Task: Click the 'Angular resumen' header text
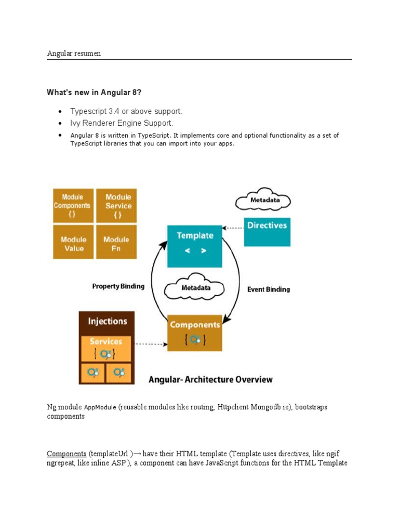[x=74, y=54]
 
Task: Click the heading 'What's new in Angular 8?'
[x=94, y=92]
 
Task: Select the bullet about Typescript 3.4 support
[x=126, y=111]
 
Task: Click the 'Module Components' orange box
[x=72, y=205]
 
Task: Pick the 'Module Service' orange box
[x=117, y=205]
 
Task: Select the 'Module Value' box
[x=73, y=242]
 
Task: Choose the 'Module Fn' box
[x=116, y=242]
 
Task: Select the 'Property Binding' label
[x=118, y=286]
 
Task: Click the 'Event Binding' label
[x=269, y=289]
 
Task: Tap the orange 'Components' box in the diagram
[x=195, y=332]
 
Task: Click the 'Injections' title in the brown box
[x=107, y=321]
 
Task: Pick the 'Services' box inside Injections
[x=106, y=349]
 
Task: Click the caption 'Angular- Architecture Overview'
[x=210, y=379]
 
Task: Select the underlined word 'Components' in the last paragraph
[x=66, y=453]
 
